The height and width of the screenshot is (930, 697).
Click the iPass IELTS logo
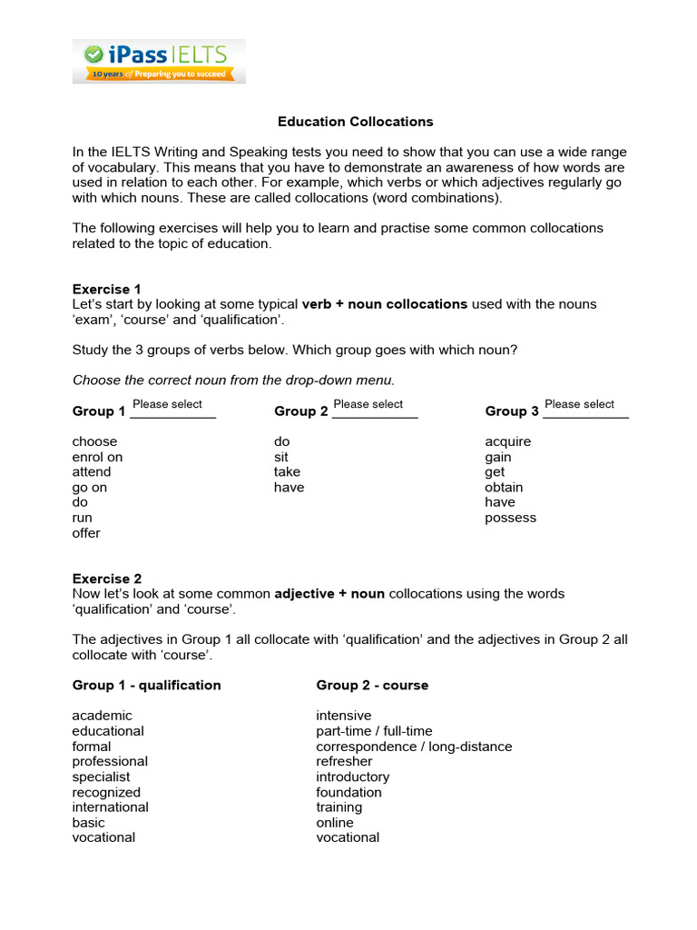point(159,61)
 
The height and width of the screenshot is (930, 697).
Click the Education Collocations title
point(355,122)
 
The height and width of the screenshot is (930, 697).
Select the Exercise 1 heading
point(107,289)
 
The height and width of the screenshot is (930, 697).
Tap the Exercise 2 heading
point(107,579)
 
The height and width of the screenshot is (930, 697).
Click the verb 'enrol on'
point(97,457)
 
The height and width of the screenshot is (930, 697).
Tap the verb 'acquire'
point(508,441)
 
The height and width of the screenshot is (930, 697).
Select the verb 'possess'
point(511,518)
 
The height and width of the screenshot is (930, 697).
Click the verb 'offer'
point(86,533)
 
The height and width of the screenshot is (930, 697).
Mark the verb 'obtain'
point(504,488)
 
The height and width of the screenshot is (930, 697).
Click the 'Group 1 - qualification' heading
point(147,685)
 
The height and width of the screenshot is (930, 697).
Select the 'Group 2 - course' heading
point(372,685)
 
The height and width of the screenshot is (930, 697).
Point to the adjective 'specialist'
point(101,777)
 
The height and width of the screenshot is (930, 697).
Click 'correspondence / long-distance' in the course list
point(414,747)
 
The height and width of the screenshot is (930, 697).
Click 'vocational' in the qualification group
point(103,837)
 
